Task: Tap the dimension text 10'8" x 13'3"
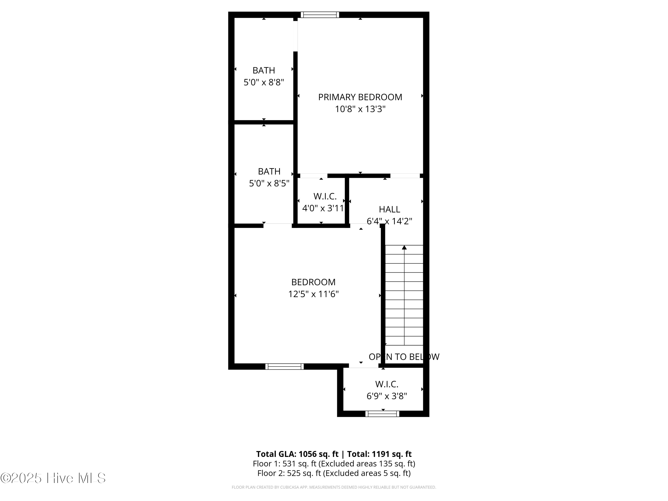tap(360, 109)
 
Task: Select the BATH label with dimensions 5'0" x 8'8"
tap(264, 70)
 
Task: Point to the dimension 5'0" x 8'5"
tap(269, 183)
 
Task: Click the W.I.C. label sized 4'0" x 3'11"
tap(325, 196)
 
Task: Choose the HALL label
tap(389, 209)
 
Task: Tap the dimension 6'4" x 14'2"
tap(389, 221)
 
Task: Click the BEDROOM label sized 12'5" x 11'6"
tap(313, 282)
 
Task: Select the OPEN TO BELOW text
tap(404, 357)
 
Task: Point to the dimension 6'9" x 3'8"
tap(387, 396)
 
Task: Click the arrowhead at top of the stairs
tap(404, 248)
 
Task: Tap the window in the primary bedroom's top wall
tap(320, 15)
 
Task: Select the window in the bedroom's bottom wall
tap(285, 366)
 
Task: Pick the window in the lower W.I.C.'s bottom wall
tap(382, 414)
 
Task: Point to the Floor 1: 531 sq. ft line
tap(334, 464)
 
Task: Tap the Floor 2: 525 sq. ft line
tap(334, 473)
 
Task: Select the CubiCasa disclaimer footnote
tap(334, 487)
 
